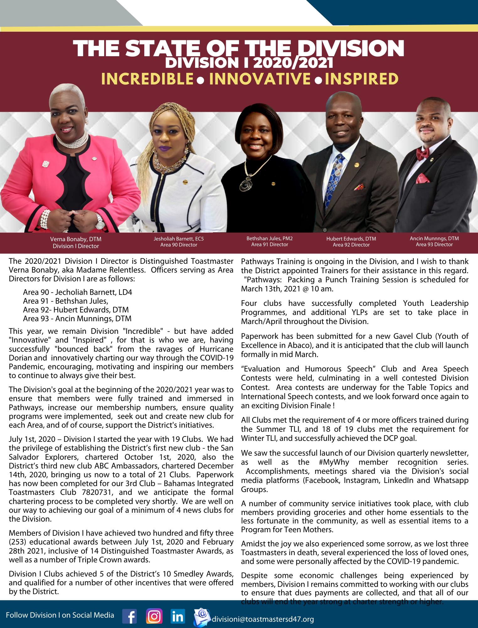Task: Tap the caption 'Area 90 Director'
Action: tap(179, 245)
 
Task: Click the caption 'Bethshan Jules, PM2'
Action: tap(270, 239)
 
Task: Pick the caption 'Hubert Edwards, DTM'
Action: tap(351, 239)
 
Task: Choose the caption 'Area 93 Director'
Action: tap(434, 244)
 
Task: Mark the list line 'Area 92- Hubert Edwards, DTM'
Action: tap(76, 310)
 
